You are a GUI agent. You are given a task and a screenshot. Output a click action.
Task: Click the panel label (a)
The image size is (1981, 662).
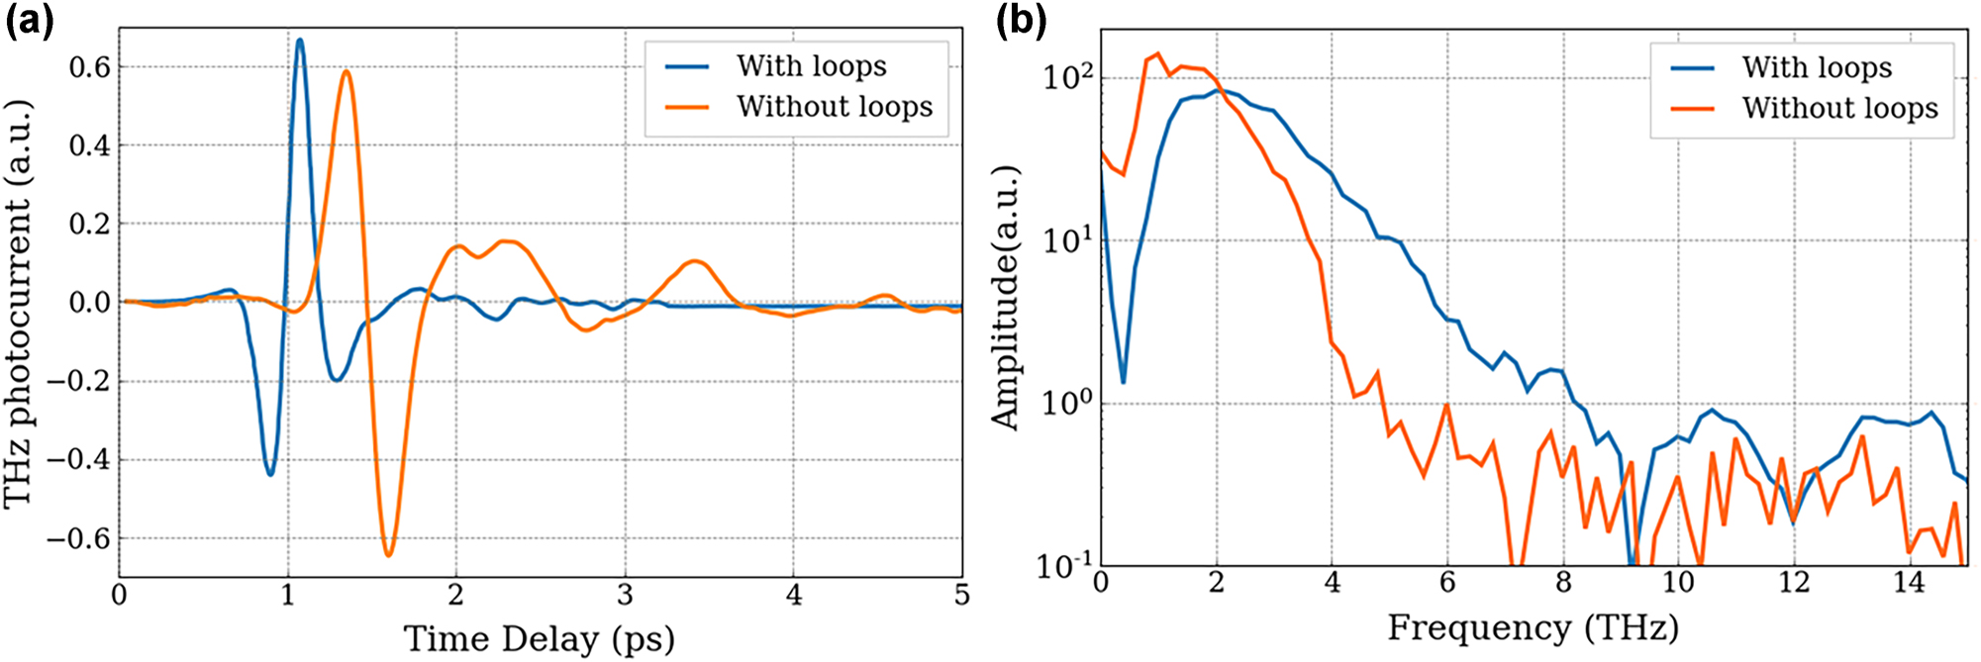tap(29, 21)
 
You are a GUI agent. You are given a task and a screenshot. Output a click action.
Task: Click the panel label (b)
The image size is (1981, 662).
tap(1021, 21)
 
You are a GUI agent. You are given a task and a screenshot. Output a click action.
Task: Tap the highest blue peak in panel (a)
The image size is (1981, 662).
tap(300, 41)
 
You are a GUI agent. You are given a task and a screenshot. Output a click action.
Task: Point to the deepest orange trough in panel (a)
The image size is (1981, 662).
tap(388, 554)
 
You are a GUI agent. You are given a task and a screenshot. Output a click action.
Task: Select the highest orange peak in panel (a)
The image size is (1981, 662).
tap(346, 71)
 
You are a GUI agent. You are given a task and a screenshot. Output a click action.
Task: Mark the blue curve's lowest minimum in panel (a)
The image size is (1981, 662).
tap(269, 474)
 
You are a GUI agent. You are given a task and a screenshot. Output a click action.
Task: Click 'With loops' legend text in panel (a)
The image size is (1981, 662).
tap(811, 66)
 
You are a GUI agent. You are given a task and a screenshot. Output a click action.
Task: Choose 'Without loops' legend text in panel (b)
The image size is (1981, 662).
tap(1839, 108)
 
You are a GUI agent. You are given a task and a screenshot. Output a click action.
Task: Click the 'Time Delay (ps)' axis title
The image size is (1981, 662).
tap(539, 638)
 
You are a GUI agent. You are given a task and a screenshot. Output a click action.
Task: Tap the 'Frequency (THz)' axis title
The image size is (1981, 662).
tap(1532, 627)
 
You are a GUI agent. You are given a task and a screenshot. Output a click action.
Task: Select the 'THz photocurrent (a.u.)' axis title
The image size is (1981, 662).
tap(19, 303)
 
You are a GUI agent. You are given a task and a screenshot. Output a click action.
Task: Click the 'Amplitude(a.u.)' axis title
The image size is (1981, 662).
tap(1005, 298)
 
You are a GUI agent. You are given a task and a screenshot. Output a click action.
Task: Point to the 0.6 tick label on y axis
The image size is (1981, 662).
tap(89, 67)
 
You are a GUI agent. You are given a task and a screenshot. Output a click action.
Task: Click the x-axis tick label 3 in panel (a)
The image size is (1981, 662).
tap(624, 596)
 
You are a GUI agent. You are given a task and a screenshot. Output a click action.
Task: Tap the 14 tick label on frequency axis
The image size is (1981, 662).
tap(1908, 583)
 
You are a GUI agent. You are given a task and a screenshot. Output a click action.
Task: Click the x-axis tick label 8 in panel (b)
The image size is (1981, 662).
tap(1562, 583)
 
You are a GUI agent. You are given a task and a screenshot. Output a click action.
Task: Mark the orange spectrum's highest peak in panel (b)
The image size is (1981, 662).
tap(1157, 53)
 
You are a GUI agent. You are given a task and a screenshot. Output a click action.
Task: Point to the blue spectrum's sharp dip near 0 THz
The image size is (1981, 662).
tap(1123, 381)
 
